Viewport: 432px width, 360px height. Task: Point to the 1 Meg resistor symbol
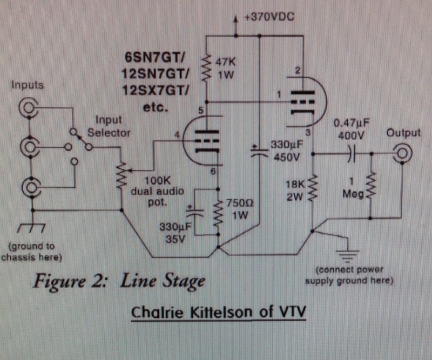click(371, 186)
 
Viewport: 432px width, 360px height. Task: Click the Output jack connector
click(402, 154)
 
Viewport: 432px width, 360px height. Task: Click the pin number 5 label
click(200, 111)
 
